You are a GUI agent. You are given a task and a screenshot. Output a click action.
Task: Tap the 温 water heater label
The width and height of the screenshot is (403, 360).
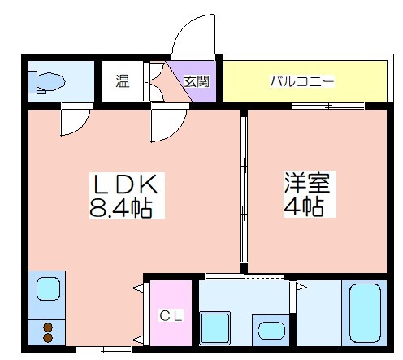tap(122, 81)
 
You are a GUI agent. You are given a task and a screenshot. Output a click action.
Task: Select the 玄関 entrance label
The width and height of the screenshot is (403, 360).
tap(196, 81)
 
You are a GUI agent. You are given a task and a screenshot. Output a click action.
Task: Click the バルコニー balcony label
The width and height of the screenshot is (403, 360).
tap(303, 81)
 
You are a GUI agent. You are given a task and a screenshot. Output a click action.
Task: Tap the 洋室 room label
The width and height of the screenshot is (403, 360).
tap(302, 183)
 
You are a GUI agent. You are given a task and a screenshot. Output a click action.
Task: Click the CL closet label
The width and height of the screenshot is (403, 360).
tap(169, 314)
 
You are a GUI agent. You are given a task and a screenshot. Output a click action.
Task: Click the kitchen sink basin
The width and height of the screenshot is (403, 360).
tap(48, 290)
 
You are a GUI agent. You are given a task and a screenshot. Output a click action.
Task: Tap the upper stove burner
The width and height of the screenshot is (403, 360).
tap(48, 327)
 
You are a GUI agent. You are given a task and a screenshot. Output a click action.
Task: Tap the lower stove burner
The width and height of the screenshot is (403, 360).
tap(48, 338)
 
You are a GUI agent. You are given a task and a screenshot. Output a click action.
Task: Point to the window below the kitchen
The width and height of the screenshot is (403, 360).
tap(102, 350)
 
